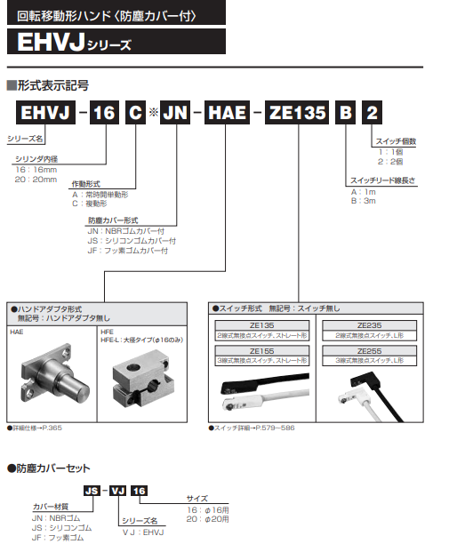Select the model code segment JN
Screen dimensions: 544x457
(x=174, y=114)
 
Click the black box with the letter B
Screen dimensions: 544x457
(x=345, y=114)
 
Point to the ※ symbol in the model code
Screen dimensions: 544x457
(x=152, y=114)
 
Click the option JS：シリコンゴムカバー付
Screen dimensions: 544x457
(x=132, y=240)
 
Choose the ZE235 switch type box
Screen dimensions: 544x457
(x=369, y=331)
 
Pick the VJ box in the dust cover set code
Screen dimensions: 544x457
(x=117, y=491)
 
